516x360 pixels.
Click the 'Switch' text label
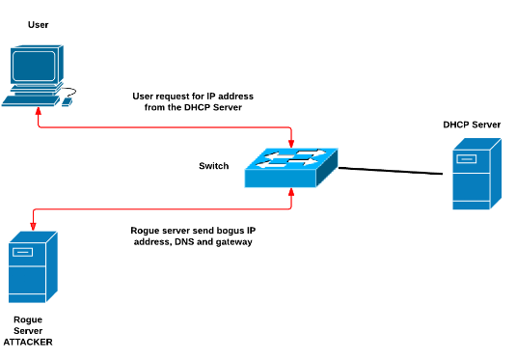[x=213, y=166]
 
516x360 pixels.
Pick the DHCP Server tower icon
[x=477, y=173]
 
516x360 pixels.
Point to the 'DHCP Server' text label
[x=472, y=125]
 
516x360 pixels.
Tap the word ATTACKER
[x=28, y=343]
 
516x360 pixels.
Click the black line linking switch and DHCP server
[x=395, y=171]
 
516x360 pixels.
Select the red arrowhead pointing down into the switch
[x=291, y=142]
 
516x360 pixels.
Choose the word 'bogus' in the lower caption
[x=231, y=231]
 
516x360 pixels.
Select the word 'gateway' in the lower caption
[x=233, y=242]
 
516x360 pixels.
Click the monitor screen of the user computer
[x=34, y=65]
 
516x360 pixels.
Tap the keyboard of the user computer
[x=31, y=98]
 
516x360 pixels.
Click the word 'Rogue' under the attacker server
[x=28, y=319]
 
